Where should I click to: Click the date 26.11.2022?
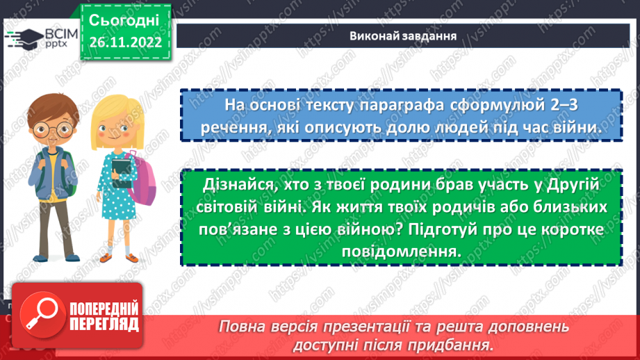point(125,41)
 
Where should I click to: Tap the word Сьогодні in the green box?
point(124,19)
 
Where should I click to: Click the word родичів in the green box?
point(437,208)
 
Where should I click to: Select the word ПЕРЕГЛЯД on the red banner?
point(104,325)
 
